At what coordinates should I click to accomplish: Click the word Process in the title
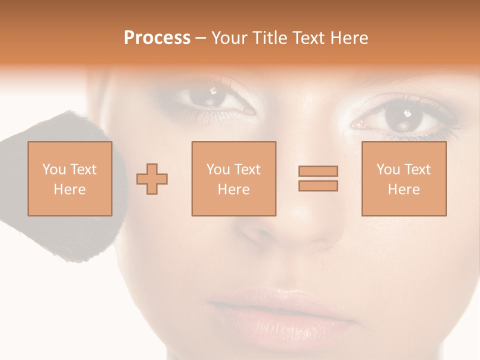click(x=157, y=38)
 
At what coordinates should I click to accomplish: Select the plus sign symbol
click(x=152, y=178)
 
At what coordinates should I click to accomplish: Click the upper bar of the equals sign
click(x=318, y=171)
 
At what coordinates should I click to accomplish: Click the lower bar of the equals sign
click(x=318, y=185)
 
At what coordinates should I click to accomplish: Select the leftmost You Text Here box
click(x=70, y=178)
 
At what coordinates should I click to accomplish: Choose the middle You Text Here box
click(x=234, y=178)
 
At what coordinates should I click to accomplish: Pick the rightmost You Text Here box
click(x=404, y=178)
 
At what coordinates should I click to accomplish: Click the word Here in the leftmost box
click(x=70, y=189)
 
